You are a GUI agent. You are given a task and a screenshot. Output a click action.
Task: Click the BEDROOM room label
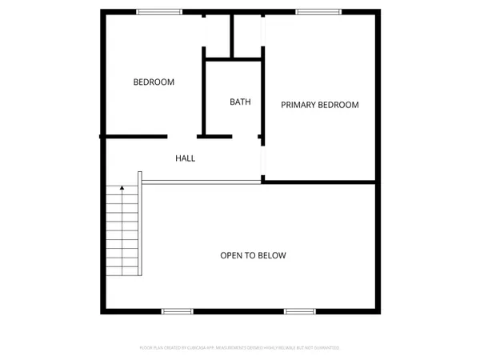tap(154, 82)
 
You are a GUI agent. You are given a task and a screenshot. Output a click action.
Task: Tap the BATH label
tap(240, 102)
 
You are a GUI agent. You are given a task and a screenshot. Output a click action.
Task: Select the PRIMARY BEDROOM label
tap(319, 105)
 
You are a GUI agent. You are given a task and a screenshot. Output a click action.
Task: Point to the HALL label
tap(185, 158)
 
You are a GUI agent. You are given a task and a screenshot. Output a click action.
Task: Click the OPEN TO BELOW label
tap(253, 255)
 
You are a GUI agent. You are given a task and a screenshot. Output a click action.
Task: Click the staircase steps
tap(122, 232)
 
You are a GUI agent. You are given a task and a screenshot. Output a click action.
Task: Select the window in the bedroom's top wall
tap(154, 11)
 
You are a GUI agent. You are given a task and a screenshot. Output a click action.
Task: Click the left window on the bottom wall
tap(177, 310)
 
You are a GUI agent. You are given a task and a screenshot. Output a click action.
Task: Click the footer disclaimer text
tap(240, 348)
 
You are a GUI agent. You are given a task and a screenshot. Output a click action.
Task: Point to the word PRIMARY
tap(298, 105)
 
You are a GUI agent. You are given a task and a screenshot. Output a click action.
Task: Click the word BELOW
tap(272, 255)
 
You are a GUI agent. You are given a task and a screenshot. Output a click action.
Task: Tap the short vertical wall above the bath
tap(231, 35)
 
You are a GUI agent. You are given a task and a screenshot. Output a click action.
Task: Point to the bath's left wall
tap(204, 96)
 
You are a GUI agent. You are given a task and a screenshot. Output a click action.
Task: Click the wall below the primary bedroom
tap(320, 182)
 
